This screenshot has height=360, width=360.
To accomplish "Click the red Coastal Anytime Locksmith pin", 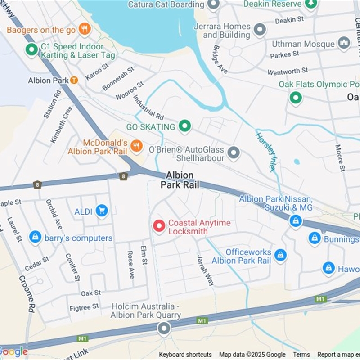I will tap(159, 226).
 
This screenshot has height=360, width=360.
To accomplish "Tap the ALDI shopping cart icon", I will tap(102, 210).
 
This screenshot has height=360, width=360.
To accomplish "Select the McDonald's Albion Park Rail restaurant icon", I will tap(136, 145).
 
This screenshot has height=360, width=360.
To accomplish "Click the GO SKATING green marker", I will tap(184, 126).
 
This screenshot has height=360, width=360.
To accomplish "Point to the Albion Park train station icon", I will tap(74, 80).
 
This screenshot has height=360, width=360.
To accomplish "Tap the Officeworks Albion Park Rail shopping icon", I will tap(280, 256).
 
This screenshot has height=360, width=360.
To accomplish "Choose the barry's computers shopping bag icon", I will tap(35, 237).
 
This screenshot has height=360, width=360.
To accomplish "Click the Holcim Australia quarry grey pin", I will tap(164, 328).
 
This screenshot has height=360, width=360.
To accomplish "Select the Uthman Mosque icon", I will tap(344, 43).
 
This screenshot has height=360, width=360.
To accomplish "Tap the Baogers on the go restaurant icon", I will tap(85, 29).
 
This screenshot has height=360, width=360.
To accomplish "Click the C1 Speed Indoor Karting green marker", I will tap(31, 49).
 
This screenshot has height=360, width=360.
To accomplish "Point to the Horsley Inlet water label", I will tap(265, 152).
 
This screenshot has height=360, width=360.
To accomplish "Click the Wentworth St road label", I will tap(288, 71).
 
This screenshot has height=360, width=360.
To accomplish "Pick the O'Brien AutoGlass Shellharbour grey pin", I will tap(233, 153).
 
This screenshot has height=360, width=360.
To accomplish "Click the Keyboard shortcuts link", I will tap(185, 355).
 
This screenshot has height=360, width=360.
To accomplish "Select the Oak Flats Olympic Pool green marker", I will tap(295, 97).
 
